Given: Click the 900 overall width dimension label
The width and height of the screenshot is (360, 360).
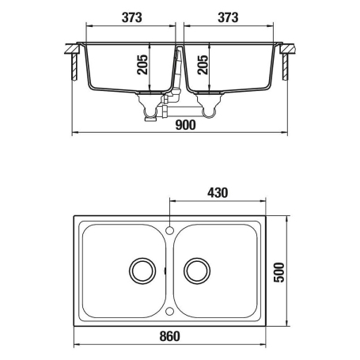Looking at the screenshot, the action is pyautogui.click(x=185, y=125).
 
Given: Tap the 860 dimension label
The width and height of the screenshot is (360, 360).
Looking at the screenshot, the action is pyautogui.click(x=169, y=336).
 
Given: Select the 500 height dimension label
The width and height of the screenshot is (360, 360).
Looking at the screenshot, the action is pyautogui.click(x=279, y=272).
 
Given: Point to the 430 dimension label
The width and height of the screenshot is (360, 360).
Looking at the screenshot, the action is pyautogui.click(x=218, y=193).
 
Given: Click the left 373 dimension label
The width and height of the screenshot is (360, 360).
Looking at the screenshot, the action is pyautogui.click(x=131, y=17).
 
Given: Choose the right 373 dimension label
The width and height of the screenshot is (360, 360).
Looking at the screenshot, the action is pyautogui.click(x=228, y=17).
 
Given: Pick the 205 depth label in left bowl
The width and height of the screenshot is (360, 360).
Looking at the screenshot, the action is pyautogui.click(x=142, y=65).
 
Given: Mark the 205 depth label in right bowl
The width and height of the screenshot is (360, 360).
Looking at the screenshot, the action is pyautogui.click(x=203, y=65).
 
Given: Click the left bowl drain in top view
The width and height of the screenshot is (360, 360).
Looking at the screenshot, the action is pyautogui.click(x=142, y=271).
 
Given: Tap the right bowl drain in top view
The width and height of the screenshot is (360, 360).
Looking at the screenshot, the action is pyautogui.click(x=197, y=271).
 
